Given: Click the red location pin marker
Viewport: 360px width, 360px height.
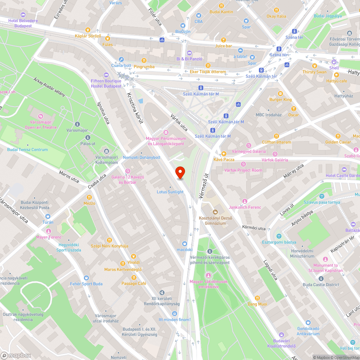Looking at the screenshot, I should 180,172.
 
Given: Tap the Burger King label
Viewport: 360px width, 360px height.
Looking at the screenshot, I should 280,99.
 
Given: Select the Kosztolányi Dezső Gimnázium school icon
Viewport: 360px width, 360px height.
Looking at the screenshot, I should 216,212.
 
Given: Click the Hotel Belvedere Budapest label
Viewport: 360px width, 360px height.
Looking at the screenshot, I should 23,23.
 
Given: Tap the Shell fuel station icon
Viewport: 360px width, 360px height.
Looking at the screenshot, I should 334,62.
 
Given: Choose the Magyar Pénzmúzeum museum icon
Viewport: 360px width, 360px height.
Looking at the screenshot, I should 166,132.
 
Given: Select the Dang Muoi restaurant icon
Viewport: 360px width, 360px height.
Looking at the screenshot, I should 257,298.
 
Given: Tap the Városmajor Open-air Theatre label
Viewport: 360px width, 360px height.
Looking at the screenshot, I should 41,125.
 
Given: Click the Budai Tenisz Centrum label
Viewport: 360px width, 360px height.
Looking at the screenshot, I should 27,150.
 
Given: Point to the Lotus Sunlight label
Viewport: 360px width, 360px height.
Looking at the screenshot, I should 170,192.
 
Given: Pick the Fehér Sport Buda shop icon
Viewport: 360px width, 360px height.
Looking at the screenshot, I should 86,278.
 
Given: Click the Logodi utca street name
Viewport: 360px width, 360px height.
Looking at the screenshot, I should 270,270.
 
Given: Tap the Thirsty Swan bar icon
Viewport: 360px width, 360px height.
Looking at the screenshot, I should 314,66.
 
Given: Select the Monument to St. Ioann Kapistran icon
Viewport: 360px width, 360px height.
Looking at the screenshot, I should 325,259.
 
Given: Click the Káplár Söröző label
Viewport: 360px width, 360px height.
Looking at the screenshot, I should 88,36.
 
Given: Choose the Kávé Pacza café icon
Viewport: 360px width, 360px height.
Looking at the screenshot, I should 224,153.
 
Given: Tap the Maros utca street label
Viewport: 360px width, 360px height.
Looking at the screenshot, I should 69,176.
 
